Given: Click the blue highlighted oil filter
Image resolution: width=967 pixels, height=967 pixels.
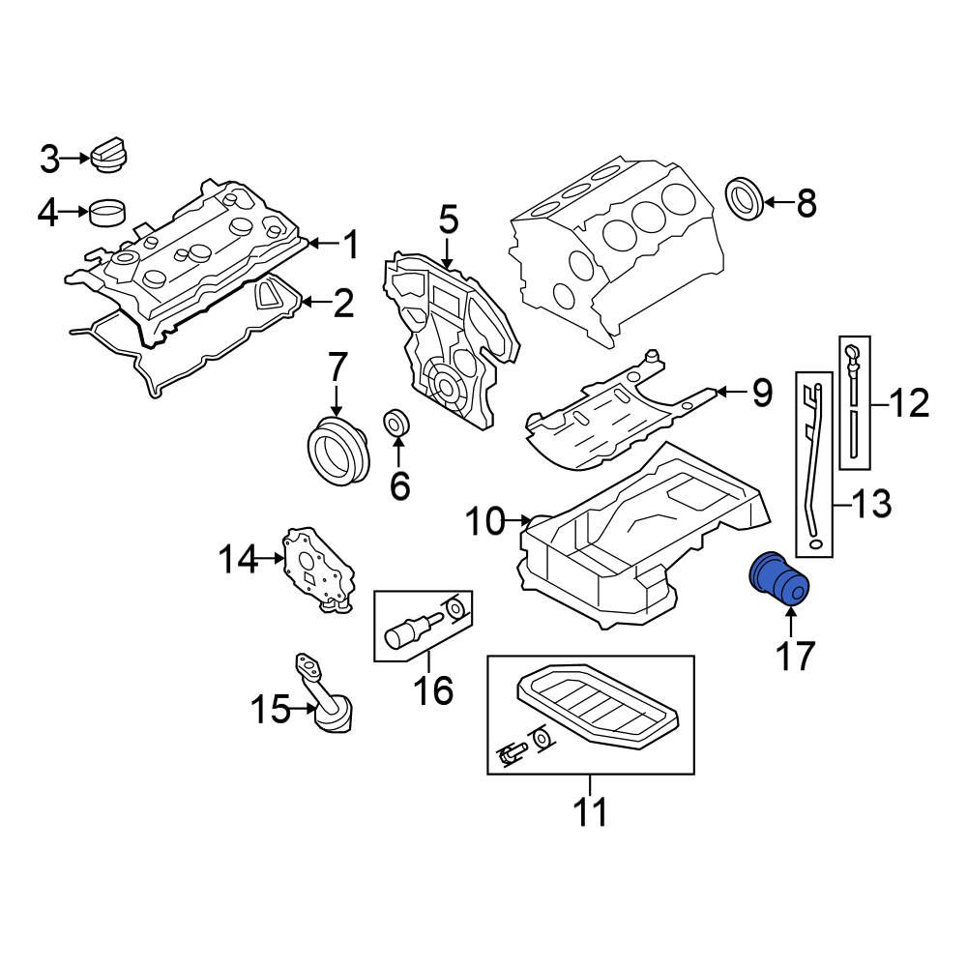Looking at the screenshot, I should click(779, 578).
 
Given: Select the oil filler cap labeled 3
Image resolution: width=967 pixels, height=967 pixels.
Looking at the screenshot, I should click(110, 157).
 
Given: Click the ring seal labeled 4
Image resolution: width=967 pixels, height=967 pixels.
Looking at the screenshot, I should click(108, 211).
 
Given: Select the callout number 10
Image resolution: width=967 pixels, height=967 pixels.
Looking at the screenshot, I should click(485, 522).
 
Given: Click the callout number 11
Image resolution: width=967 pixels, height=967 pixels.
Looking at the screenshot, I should click(590, 812).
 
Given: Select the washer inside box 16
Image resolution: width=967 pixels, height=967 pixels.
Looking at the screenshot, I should click(454, 609).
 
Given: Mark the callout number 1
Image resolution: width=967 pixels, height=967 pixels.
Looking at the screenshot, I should click(350, 245).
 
